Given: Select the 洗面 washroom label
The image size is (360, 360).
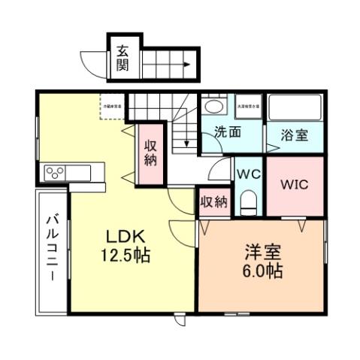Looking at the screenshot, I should (x=228, y=132).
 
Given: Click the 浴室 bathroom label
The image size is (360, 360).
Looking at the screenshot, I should (x=294, y=136).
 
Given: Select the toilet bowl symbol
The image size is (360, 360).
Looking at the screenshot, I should (x=249, y=201).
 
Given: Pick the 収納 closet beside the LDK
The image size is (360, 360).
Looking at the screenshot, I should (x=150, y=153).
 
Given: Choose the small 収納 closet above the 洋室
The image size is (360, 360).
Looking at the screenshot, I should (x=213, y=201).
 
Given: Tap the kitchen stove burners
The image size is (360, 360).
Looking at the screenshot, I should (x=56, y=173).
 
